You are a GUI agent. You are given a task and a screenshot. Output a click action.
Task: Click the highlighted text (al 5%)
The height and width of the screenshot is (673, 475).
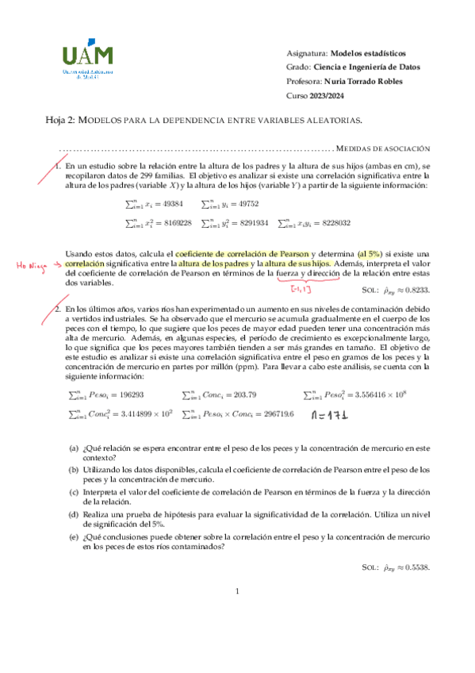375,252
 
